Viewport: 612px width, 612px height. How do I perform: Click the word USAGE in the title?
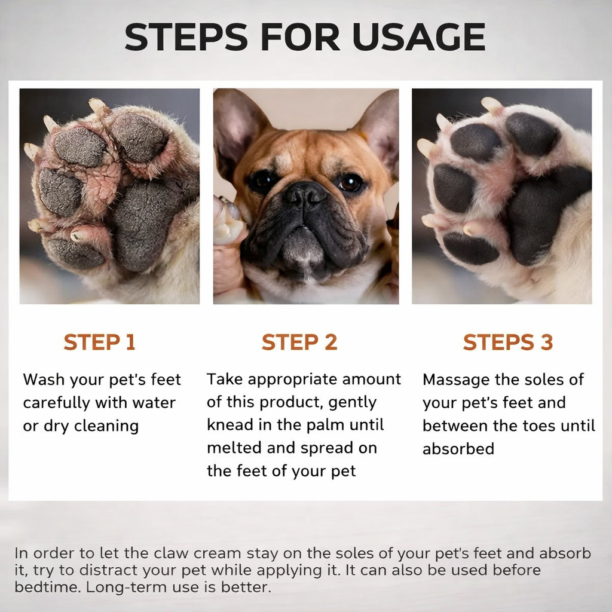(x=418, y=36)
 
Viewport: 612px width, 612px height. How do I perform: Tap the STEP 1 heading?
(x=100, y=342)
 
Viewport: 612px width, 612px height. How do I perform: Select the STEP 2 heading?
(x=299, y=342)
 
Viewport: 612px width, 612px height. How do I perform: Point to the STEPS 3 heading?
(x=508, y=342)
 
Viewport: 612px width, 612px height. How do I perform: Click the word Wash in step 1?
(x=44, y=380)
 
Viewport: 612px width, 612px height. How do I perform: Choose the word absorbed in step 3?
(x=458, y=449)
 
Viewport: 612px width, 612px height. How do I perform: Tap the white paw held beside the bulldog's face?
(x=228, y=222)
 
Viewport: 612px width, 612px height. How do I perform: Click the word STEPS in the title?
(x=186, y=36)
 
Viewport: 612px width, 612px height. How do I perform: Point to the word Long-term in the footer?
(x=124, y=587)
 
